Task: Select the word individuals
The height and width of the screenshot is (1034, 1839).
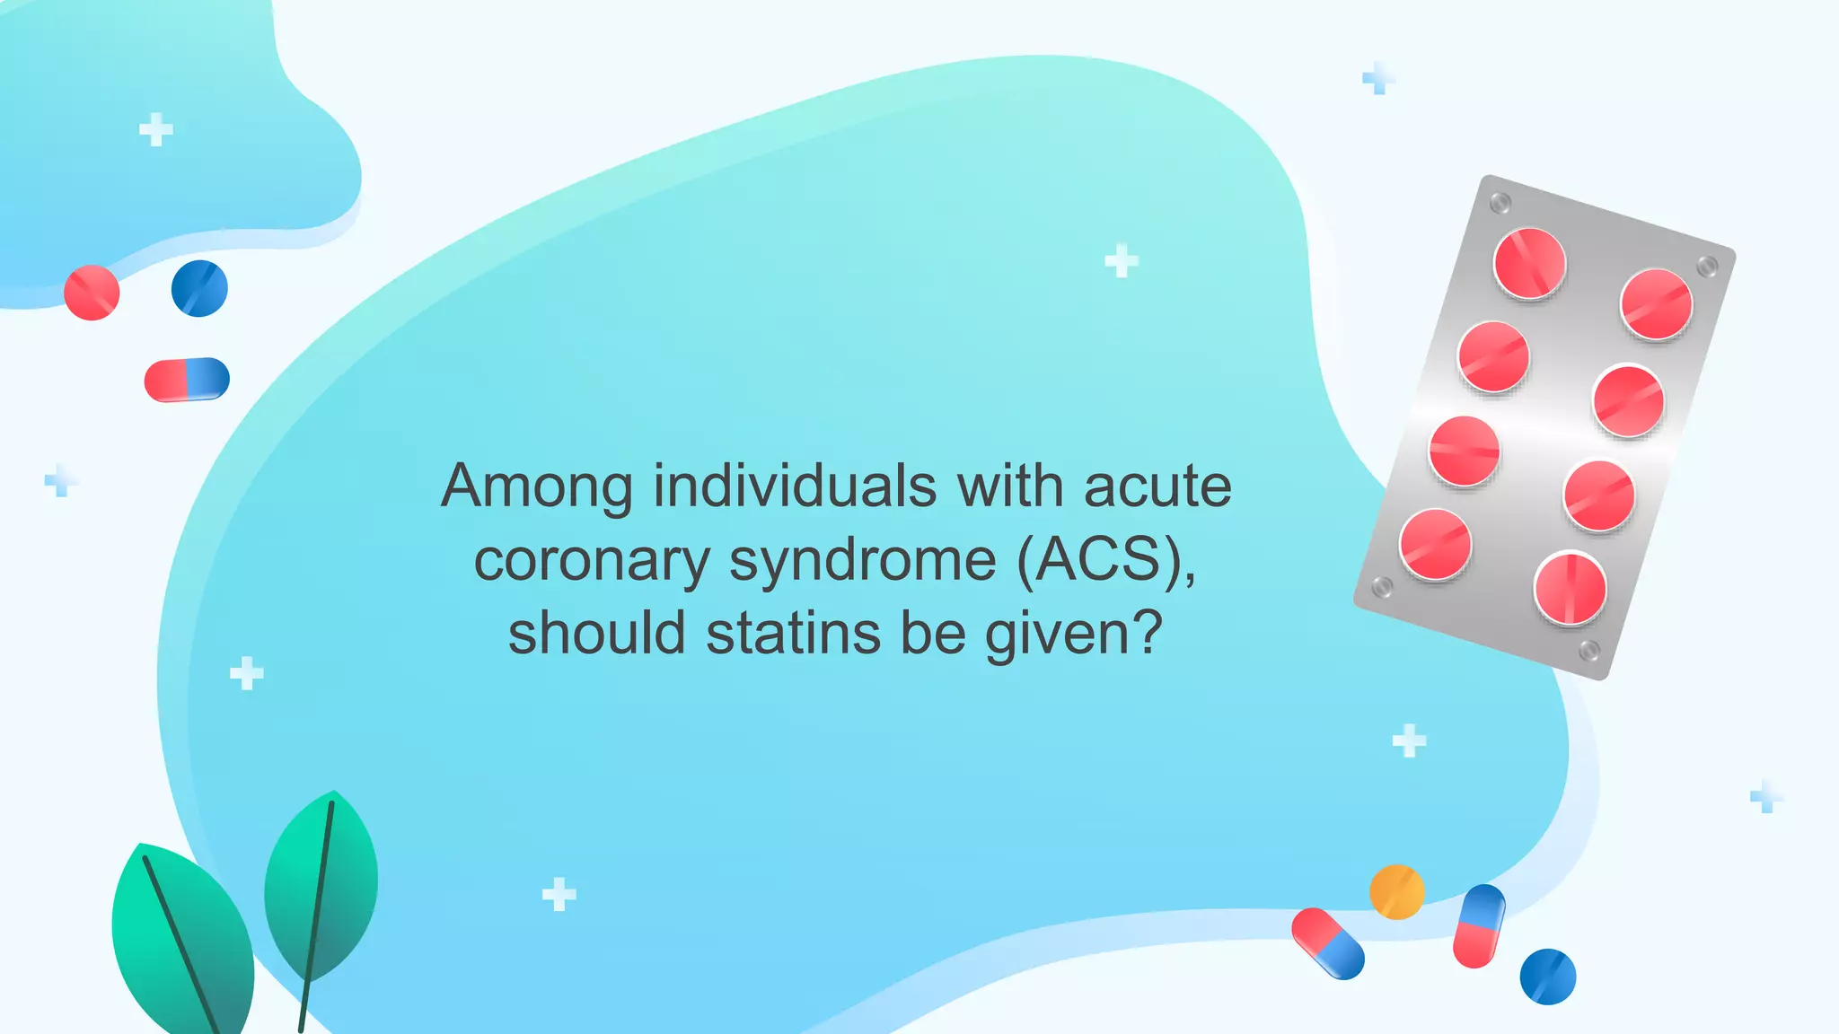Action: point(795,487)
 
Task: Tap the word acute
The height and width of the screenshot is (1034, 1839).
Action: point(1157,487)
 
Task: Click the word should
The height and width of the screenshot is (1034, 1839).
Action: point(598,634)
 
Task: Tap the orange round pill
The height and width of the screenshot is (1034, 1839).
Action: point(1396,892)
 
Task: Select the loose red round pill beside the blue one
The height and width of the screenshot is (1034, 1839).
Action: point(92,293)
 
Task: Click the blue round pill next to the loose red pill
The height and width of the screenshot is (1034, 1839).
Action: point(199,288)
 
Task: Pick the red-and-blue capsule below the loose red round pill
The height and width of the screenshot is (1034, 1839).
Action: point(187,379)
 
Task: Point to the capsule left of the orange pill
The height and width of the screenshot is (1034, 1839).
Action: point(1328,943)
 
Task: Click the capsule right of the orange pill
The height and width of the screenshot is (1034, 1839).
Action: point(1479,926)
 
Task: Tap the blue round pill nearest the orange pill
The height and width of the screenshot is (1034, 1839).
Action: point(1548,977)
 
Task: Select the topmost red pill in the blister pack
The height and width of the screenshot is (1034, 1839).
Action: point(1529,263)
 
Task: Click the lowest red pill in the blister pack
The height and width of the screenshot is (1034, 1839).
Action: point(1570,589)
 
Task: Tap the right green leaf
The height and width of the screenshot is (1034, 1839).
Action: point(321,884)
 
